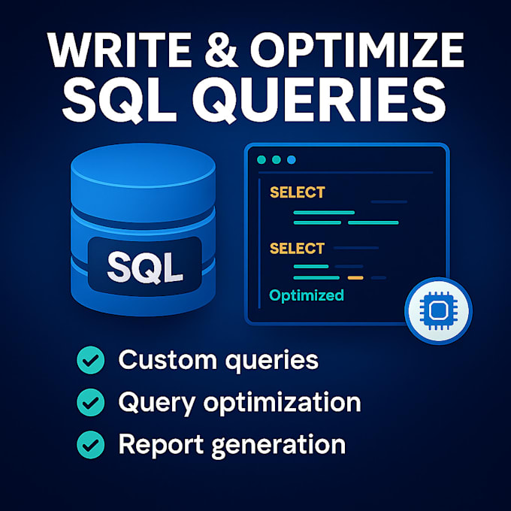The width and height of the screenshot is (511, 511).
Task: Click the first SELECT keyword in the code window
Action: coord(297,192)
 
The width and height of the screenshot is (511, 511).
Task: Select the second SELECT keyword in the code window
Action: coord(297,249)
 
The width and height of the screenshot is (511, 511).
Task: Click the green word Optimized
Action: coord(307,295)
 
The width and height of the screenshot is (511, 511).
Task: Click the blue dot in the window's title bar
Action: coord(292,160)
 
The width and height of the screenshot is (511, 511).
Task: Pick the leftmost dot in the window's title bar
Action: coord(262,160)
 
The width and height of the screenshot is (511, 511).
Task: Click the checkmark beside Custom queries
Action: coord(91,361)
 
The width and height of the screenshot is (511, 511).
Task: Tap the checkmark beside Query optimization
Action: coord(91,403)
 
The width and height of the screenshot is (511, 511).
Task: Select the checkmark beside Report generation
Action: coord(91,445)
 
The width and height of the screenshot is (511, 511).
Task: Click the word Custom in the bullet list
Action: coord(166,360)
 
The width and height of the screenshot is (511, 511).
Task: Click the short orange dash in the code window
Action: coord(355,278)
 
